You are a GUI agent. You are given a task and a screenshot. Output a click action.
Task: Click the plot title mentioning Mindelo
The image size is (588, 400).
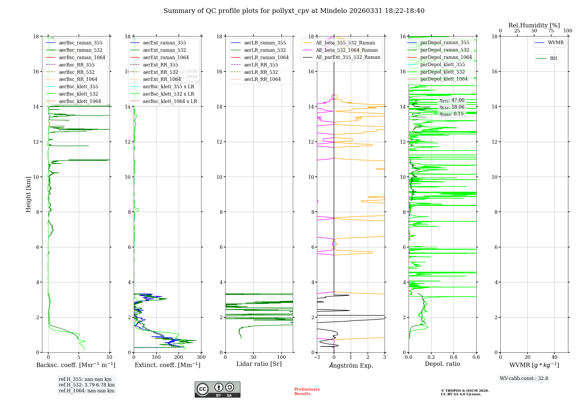pyautogui.click(x=294, y=11)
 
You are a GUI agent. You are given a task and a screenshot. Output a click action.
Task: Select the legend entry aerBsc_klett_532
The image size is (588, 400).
pyautogui.click(x=78, y=94)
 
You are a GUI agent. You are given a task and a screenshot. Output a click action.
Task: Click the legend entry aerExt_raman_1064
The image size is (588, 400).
pyautogui.click(x=166, y=58)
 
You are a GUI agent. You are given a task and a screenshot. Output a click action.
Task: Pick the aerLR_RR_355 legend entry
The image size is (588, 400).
pyautogui.click(x=261, y=65)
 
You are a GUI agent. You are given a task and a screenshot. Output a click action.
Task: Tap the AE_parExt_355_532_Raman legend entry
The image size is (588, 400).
pyautogui.click(x=348, y=57)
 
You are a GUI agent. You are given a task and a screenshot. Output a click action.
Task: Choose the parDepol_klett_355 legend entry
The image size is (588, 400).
pyautogui.click(x=442, y=65)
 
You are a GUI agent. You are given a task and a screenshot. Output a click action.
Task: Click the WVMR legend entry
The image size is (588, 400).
pyautogui.click(x=556, y=43)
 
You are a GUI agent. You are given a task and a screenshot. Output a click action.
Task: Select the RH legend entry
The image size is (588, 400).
pyautogui.click(x=553, y=59)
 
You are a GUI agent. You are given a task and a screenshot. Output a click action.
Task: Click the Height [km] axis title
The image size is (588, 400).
pyautogui.click(x=28, y=194)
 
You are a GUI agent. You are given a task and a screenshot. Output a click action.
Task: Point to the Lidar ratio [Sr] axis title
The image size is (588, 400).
pyautogui.click(x=259, y=364)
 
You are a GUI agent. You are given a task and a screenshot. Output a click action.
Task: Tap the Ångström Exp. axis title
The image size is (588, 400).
pyautogui.click(x=351, y=366)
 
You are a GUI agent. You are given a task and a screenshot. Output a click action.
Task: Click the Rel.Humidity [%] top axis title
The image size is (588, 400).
pyautogui.click(x=534, y=25)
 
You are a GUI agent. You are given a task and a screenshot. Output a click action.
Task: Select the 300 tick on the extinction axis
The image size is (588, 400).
pyautogui.click(x=201, y=357)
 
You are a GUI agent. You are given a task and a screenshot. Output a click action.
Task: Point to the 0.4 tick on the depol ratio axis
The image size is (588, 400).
pyautogui.click(x=454, y=357)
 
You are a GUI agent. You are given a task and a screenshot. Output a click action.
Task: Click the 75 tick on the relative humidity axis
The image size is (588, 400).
pyautogui.click(x=551, y=31)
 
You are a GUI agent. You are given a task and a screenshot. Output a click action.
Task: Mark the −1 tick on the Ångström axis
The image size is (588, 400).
pyautogui.click(x=317, y=357)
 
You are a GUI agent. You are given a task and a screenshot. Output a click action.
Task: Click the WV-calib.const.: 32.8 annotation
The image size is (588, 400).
pyautogui.click(x=524, y=379)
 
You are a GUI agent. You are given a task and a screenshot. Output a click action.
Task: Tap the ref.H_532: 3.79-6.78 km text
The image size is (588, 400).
pyautogui.click(x=87, y=385)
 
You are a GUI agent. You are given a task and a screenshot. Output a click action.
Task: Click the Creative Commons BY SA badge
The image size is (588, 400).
pyautogui.click(x=217, y=390)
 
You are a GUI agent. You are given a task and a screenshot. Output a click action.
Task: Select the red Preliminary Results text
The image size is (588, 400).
pyautogui.click(x=307, y=391)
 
